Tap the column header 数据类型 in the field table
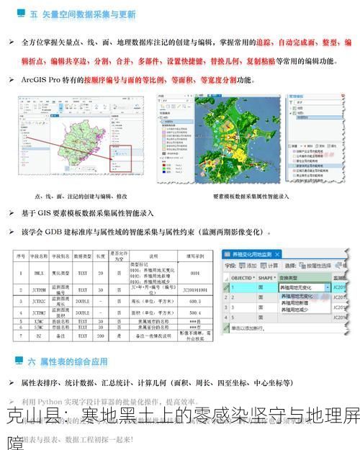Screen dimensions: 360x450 tap(83, 256)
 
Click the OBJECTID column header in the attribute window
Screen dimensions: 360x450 tap(242, 277)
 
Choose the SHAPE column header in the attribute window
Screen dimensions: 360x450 tap(266, 277)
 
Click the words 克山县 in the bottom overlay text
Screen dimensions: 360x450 tap(25, 417)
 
